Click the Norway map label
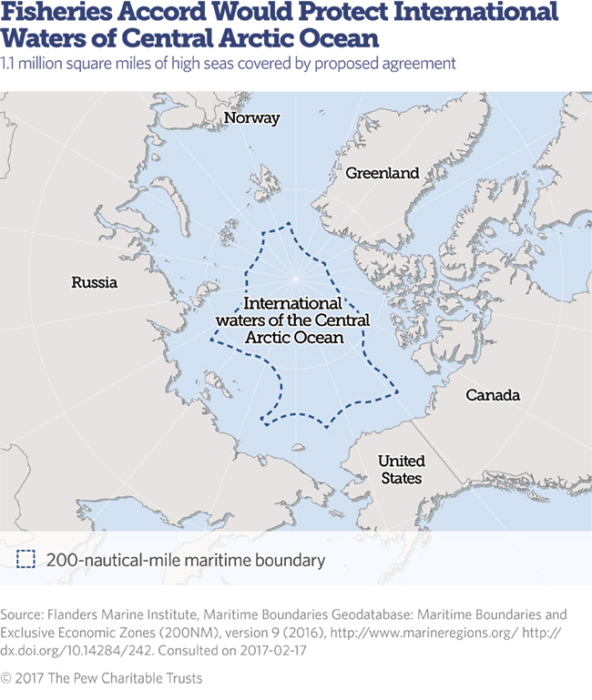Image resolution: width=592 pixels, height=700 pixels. (252, 118)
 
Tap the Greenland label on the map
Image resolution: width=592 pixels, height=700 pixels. (382, 173)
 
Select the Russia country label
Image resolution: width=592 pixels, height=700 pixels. (95, 282)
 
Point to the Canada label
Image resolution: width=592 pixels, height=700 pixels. (493, 395)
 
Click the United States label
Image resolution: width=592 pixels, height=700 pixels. (401, 470)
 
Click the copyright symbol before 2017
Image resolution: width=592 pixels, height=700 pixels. (7, 678)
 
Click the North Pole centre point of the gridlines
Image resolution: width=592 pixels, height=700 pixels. (295, 275)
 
